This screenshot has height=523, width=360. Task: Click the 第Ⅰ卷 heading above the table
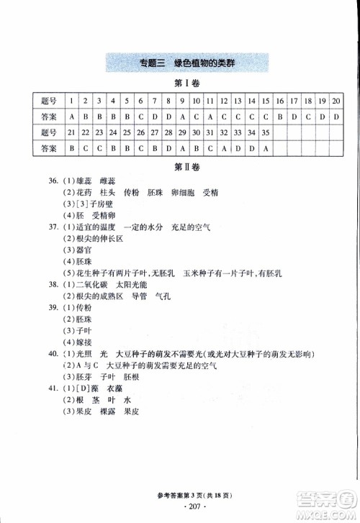coord(187,84)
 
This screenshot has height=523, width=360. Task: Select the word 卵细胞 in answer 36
coord(184,194)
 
